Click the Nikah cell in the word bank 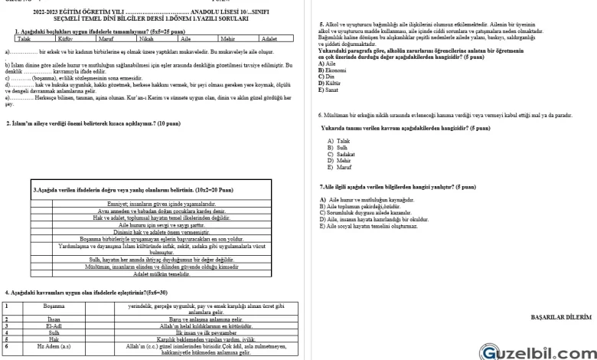[x=145, y=37]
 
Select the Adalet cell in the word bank [x=268, y=37]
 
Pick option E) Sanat [x=327, y=90]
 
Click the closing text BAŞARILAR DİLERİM [x=561, y=316]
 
